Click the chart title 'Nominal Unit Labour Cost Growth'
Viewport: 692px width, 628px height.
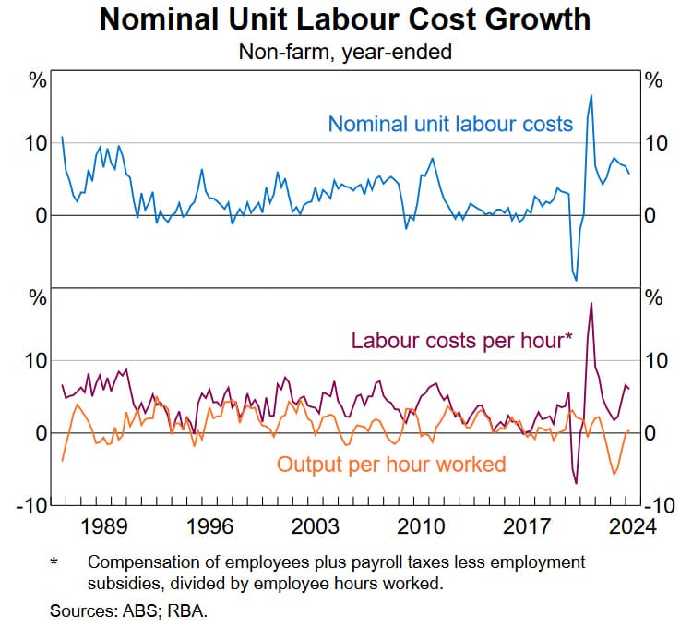click(345, 19)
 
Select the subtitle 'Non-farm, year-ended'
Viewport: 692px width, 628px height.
click(345, 53)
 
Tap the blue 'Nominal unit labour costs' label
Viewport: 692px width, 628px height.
click(450, 123)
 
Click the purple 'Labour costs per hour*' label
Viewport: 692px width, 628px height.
click(461, 340)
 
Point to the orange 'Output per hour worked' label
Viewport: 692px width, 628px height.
click(391, 463)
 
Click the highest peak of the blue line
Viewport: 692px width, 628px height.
click(591, 95)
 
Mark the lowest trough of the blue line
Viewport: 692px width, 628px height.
click(576, 279)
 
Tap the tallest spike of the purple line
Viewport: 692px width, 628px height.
click(591, 303)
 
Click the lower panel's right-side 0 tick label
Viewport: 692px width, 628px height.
click(651, 432)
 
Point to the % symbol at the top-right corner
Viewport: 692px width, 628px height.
click(653, 80)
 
